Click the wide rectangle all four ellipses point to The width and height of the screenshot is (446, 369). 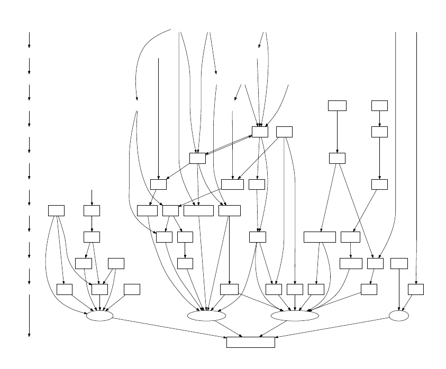(250, 342)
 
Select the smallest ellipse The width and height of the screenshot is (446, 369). (398, 316)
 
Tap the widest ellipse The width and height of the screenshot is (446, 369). (295, 316)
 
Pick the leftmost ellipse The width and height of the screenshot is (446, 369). (99, 316)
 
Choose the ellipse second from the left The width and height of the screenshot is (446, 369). (206, 316)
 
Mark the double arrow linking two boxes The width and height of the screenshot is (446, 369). (229, 145)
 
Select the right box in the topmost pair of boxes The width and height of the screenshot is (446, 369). (379, 105)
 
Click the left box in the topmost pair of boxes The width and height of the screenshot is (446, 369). (337, 105)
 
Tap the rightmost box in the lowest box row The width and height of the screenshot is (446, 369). (416, 289)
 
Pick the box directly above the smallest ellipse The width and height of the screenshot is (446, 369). (399, 263)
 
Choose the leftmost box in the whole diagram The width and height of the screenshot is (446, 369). (56, 210)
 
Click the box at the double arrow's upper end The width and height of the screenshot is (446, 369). (260, 132)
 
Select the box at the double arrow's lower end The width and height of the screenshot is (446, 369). (197, 158)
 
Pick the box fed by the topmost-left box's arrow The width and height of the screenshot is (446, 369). (337, 158)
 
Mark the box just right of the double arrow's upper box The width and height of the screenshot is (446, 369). (284, 132)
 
